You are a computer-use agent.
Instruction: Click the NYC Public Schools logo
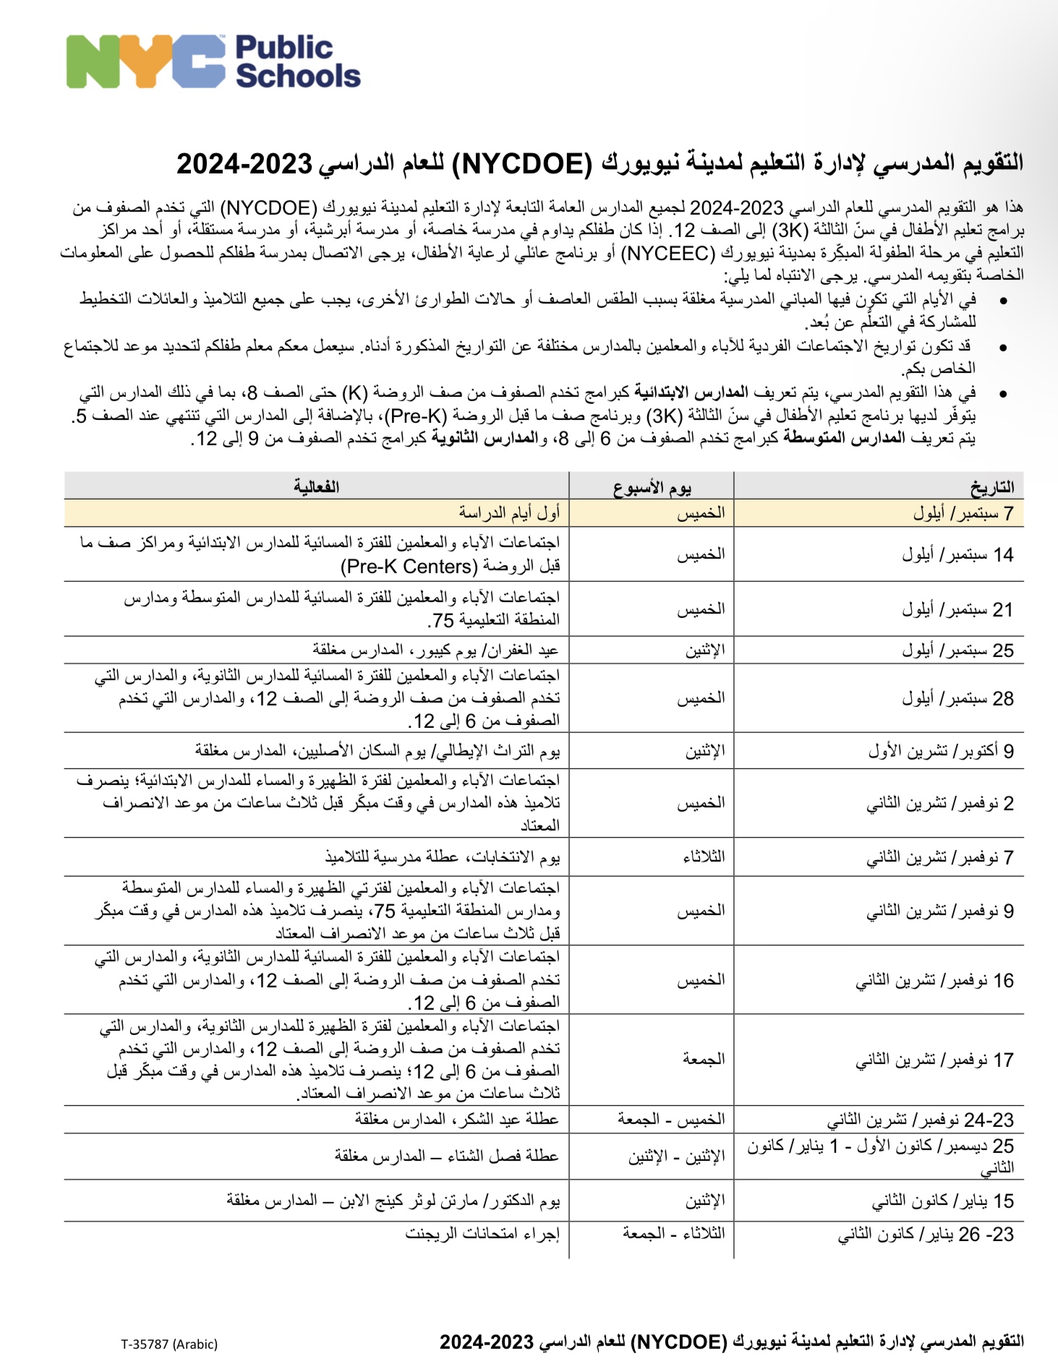click(213, 62)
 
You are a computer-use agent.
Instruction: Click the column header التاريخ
click(991, 487)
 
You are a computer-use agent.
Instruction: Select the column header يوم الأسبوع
click(652, 487)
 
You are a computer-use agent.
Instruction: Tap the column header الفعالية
click(316, 487)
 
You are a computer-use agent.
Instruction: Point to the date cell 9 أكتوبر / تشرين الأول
click(941, 751)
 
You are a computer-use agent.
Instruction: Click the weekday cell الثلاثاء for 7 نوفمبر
click(704, 857)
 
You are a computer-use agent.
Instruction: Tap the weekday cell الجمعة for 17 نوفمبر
click(704, 1059)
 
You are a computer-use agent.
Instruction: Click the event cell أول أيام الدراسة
click(509, 513)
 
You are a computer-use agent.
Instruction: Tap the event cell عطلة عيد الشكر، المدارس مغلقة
click(456, 1119)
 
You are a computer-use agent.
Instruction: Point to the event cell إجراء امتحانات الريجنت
click(482, 1234)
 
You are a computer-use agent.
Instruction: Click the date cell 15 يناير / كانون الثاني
click(942, 1201)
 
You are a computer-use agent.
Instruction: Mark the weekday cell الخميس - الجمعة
click(670, 1119)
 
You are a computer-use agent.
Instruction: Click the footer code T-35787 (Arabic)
click(169, 1344)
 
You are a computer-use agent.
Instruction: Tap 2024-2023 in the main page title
click(244, 163)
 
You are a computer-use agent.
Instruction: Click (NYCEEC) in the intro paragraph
click(667, 253)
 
